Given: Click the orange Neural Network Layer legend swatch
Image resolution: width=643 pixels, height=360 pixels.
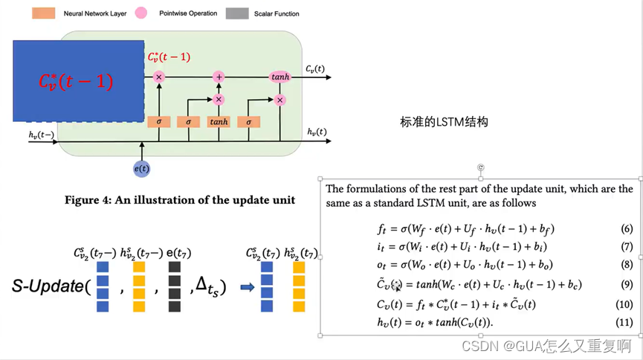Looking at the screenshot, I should tap(43, 13).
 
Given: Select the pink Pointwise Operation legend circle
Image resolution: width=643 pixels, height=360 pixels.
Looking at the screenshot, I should tap(141, 13).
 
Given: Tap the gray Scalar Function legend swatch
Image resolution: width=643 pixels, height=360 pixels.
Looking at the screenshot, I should tap(238, 13).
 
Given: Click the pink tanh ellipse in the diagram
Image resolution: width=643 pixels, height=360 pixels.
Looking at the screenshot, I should tap(280, 77).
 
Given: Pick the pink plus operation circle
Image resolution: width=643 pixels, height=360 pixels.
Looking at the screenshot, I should tap(219, 77).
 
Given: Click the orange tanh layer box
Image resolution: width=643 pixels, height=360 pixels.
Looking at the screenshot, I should tap(219, 122).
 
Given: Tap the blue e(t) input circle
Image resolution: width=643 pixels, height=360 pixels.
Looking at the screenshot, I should tap(141, 169).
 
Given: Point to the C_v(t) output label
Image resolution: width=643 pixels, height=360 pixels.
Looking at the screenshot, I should tap(314, 69).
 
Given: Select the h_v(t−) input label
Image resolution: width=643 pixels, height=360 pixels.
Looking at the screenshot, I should tap(41, 135).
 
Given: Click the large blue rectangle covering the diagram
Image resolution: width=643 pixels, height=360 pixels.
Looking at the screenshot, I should tap(78, 80).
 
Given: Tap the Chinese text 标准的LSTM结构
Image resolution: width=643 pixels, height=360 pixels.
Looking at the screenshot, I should tap(444, 122).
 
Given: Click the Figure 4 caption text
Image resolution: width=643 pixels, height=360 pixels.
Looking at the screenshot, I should tap(179, 199).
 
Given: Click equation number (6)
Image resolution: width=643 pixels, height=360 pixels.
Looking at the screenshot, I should tap(627, 229).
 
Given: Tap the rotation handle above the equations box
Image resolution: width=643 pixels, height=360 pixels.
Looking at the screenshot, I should tap(481, 168).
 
